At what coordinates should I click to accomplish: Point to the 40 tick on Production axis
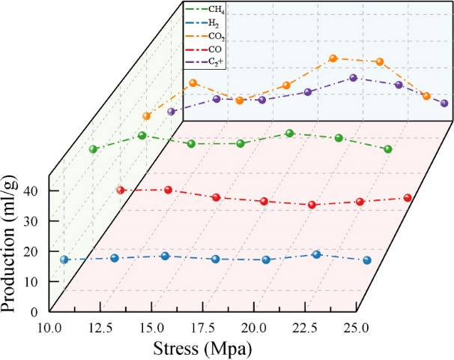[37, 190]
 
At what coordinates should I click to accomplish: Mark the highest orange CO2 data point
[333, 58]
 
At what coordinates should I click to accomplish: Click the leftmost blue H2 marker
[64, 259]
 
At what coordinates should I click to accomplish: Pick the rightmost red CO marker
[408, 198]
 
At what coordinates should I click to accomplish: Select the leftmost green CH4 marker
[93, 149]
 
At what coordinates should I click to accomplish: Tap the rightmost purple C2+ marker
[444, 103]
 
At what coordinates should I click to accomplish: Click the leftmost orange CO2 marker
[147, 116]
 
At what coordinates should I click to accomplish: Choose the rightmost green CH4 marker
[388, 149]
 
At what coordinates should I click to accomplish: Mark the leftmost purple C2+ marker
[171, 112]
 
